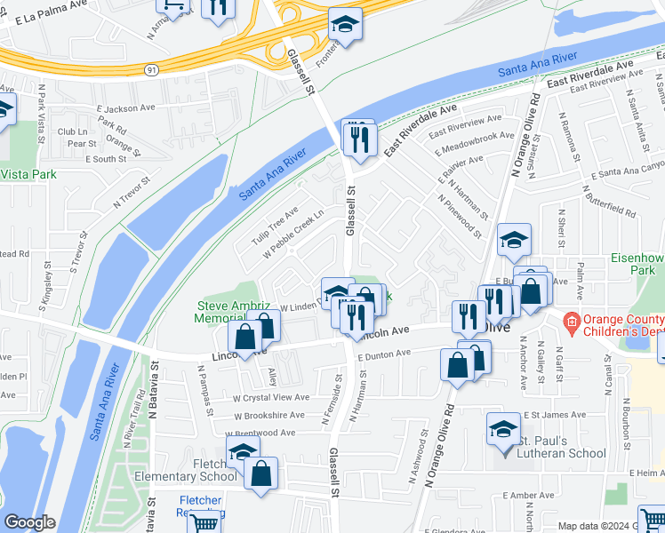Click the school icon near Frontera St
345,24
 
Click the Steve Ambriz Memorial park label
231,313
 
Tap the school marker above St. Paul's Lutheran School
503,430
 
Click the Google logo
29,522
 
